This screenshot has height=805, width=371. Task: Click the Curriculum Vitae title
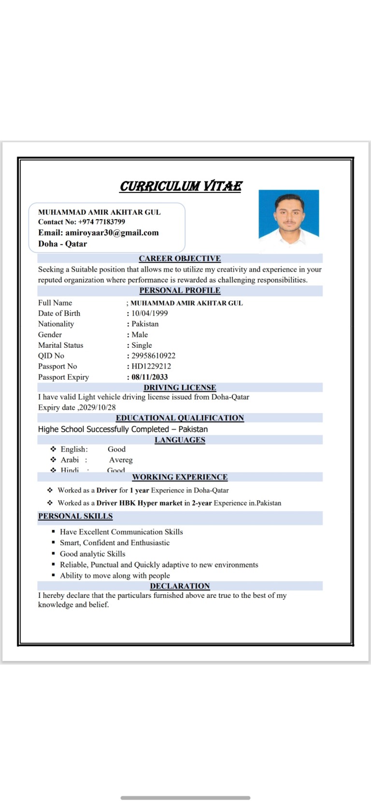point(181,186)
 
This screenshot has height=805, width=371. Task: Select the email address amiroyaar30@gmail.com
point(112,233)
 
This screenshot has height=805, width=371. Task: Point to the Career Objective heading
point(180,259)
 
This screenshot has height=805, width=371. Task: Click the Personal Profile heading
point(180,291)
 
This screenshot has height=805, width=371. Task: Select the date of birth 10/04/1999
point(150,313)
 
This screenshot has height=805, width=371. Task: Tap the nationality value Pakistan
point(145,324)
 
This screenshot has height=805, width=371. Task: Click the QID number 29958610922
point(154,356)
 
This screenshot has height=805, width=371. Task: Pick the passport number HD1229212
point(151,367)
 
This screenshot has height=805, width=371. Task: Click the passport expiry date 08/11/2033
point(150,377)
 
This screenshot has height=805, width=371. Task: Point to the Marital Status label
point(60,345)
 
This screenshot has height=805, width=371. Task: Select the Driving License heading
point(180,388)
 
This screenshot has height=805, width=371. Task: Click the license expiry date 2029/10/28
point(98,408)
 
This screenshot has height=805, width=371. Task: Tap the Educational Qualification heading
point(180,418)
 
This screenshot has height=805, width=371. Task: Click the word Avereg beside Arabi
point(121,460)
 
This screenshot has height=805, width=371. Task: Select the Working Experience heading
point(180,477)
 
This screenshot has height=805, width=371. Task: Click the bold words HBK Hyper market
point(151,503)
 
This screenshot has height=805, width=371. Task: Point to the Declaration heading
point(180,586)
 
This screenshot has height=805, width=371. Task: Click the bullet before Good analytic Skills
point(53,554)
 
